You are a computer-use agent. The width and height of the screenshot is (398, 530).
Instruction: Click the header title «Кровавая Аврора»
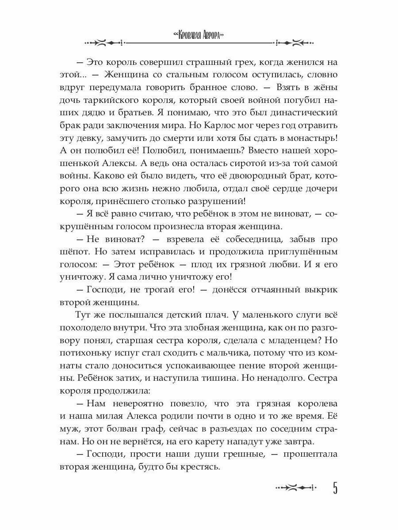[x=199, y=36]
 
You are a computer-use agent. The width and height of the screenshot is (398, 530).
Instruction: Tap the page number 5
[x=335, y=488]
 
